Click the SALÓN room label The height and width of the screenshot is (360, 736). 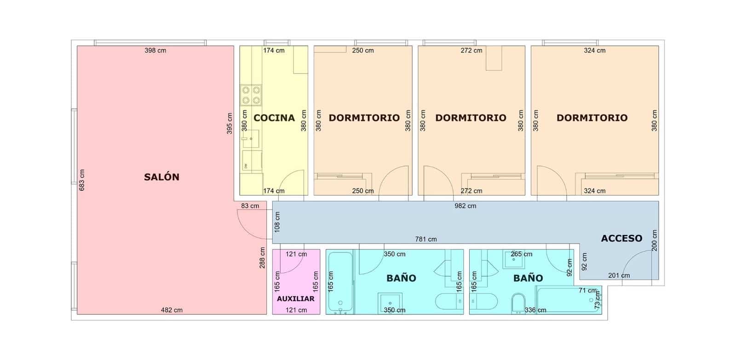pyautogui.click(x=161, y=177)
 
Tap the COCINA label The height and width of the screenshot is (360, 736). pyautogui.click(x=274, y=118)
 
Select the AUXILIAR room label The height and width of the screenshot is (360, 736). pyautogui.click(x=296, y=298)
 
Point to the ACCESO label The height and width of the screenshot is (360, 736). pyautogui.click(x=621, y=238)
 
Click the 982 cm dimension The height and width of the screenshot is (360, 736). pyautogui.click(x=465, y=206)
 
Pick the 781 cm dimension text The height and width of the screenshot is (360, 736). pyautogui.click(x=426, y=239)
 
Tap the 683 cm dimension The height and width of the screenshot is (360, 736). pyautogui.click(x=82, y=180)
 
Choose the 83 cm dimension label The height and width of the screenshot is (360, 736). pyautogui.click(x=250, y=206)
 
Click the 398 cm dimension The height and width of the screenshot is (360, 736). pyautogui.click(x=155, y=51)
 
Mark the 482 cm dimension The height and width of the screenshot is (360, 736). pyautogui.click(x=172, y=310)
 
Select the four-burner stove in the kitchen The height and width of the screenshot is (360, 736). pyautogui.click(x=251, y=95)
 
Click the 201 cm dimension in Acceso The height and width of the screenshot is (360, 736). pyautogui.click(x=619, y=275)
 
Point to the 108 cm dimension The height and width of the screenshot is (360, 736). pyautogui.click(x=277, y=222)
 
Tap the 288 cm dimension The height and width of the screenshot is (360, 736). pyautogui.click(x=262, y=257)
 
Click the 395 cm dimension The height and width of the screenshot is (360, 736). pyautogui.click(x=230, y=124)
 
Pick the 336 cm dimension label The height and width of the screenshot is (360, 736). pyautogui.click(x=535, y=310)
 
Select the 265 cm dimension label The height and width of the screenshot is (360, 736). pyautogui.click(x=521, y=254)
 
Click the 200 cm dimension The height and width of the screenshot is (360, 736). pyautogui.click(x=654, y=240)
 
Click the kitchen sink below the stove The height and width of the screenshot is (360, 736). pyautogui.click(x=251, y=138)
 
